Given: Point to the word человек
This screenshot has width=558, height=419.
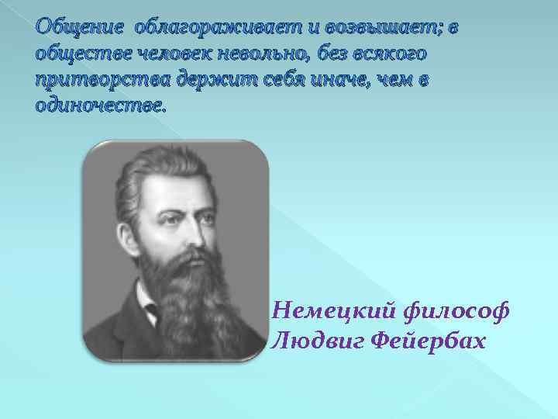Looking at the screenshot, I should (165, 55).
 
